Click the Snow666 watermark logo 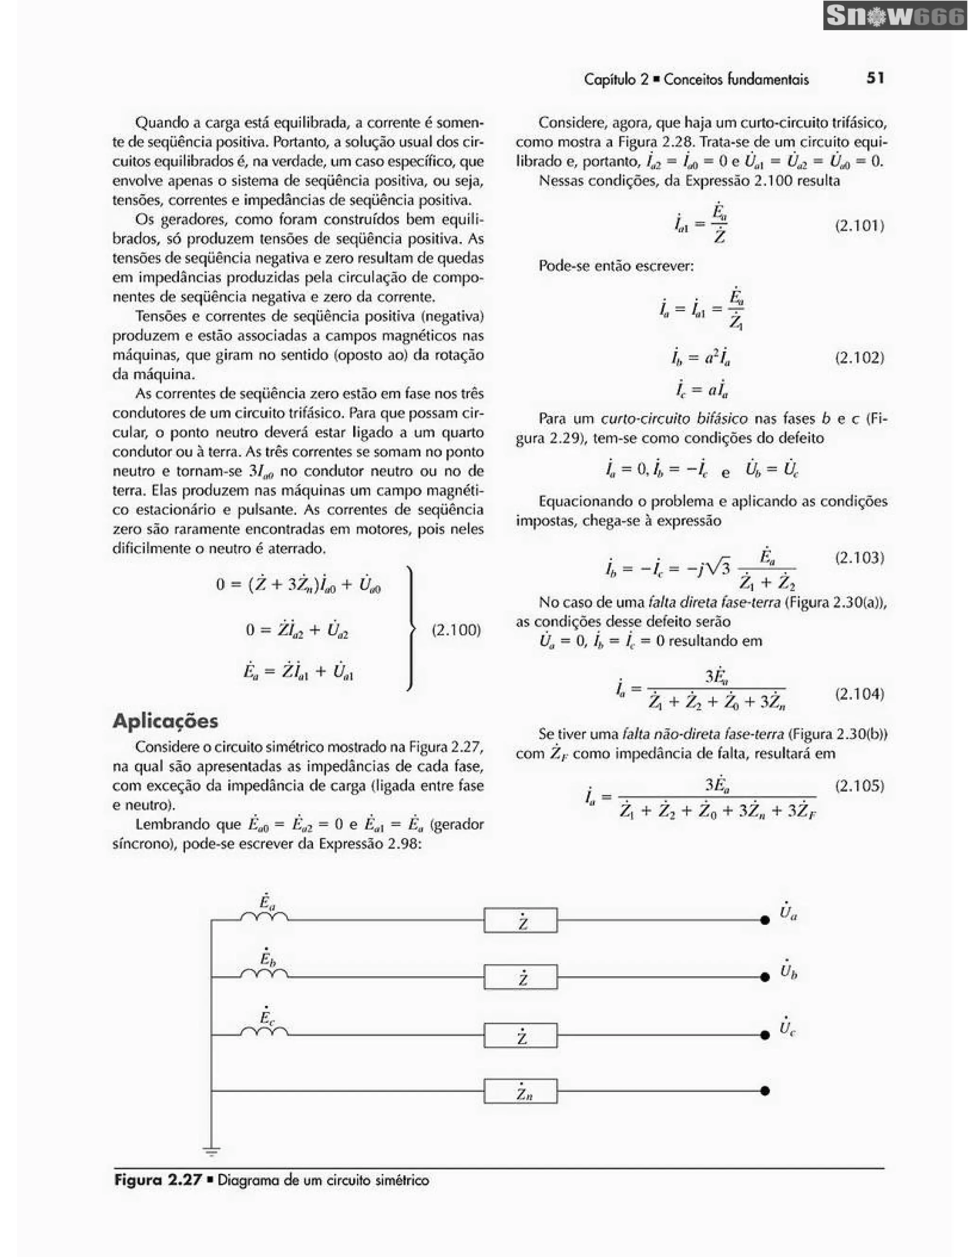894,16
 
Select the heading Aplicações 165,721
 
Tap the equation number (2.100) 456,629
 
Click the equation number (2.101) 859,225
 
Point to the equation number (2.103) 859,557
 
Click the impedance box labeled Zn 520,1091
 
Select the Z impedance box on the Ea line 520,920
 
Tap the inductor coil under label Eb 264,974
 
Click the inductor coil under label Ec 264,1032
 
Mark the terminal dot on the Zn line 765,1091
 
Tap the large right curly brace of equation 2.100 410,628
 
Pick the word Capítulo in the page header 610,79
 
